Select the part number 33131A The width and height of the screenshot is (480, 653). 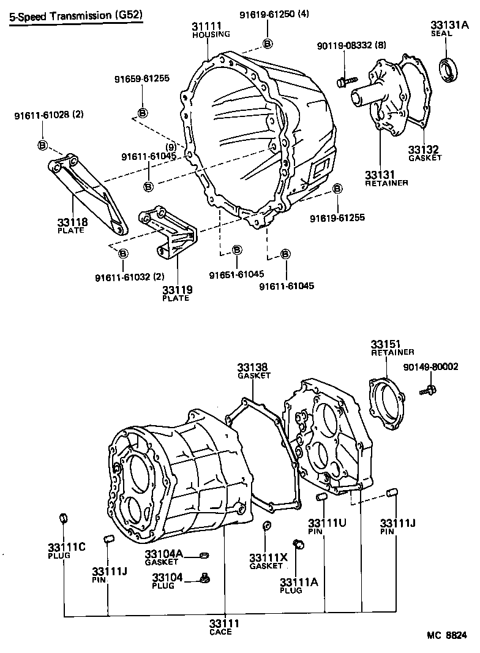(x=449, y=25)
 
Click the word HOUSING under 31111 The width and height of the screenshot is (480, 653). (x=211, y=35)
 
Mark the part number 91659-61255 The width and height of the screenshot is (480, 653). (x=141, y=79)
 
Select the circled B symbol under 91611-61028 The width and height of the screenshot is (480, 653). (x=42, y=145)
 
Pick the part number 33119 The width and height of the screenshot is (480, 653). (x=176, y=289)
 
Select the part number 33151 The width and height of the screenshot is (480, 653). (x=386, y=343)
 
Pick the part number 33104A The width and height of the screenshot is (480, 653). (x=163, y=554)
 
